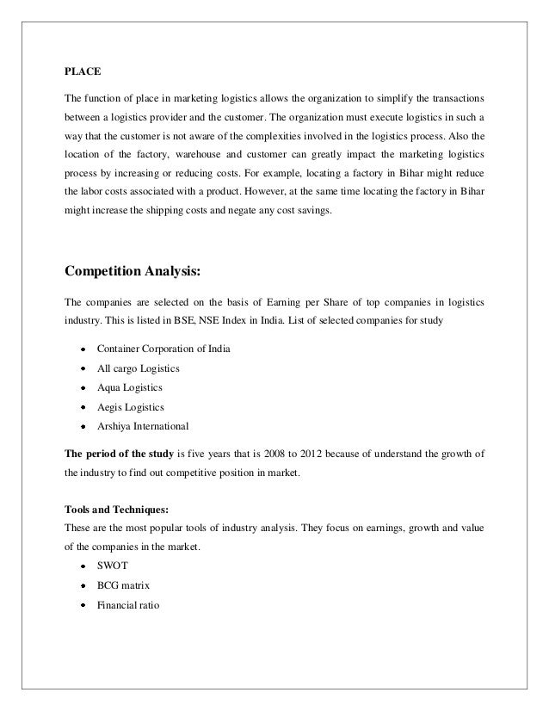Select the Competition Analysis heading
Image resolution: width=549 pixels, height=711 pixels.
coord(133,273)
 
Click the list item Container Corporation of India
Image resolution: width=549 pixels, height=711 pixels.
coord(163,349)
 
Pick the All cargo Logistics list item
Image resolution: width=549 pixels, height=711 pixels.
coord(139,368)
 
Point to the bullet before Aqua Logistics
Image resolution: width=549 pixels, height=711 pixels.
coord(82,388)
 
